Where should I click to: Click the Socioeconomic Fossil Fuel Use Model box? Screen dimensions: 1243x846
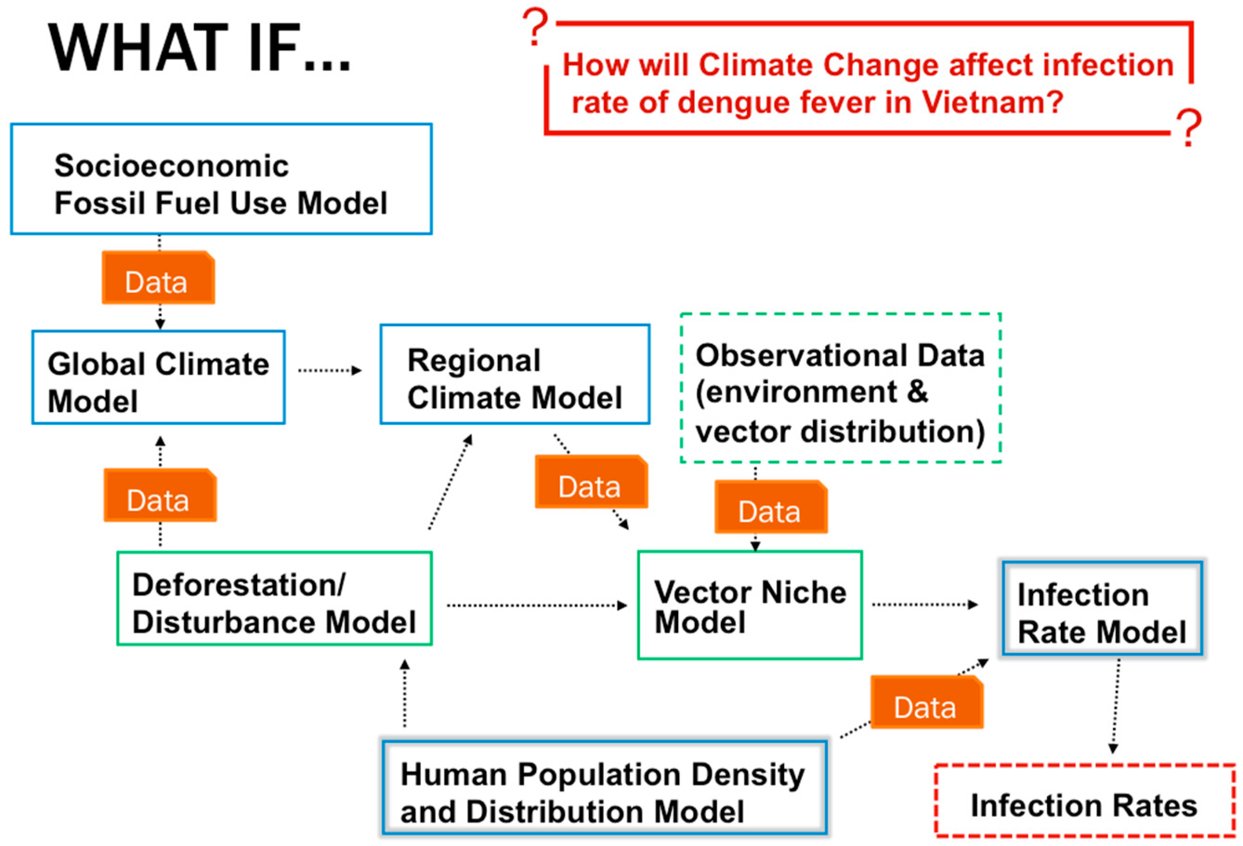tap(221, 179)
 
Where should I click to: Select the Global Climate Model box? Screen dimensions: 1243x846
tap(158, 377)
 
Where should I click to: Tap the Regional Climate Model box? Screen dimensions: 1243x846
tap(515, 374)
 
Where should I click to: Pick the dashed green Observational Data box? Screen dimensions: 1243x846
tap(840, 388)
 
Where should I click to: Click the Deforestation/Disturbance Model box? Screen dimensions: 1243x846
tap(275, 599)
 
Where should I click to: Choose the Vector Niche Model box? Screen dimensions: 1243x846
tap(750, 605)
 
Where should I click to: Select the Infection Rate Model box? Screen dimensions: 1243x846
tap(1102, 608)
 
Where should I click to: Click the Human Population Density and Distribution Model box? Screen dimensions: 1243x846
tap(604, 787)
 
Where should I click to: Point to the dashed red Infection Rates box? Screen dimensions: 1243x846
tap(1085, 800)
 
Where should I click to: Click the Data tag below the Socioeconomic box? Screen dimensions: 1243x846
tap(158, 278)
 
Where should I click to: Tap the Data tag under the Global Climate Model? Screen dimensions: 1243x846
tap(160, 495)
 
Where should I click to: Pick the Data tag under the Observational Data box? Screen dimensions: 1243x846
tap(771, 507)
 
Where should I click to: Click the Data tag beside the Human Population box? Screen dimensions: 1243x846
tap(926, 702)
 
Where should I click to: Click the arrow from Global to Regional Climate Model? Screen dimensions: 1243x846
tap(330, 370)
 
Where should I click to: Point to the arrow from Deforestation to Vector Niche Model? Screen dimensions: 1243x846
tap(537, 605)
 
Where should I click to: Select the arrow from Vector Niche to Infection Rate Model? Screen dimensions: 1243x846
tap(925, 605)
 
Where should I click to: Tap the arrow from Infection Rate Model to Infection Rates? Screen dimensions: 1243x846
tap(1116, 706)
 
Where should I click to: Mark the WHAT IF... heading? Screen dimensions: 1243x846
tap(199, 48)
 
